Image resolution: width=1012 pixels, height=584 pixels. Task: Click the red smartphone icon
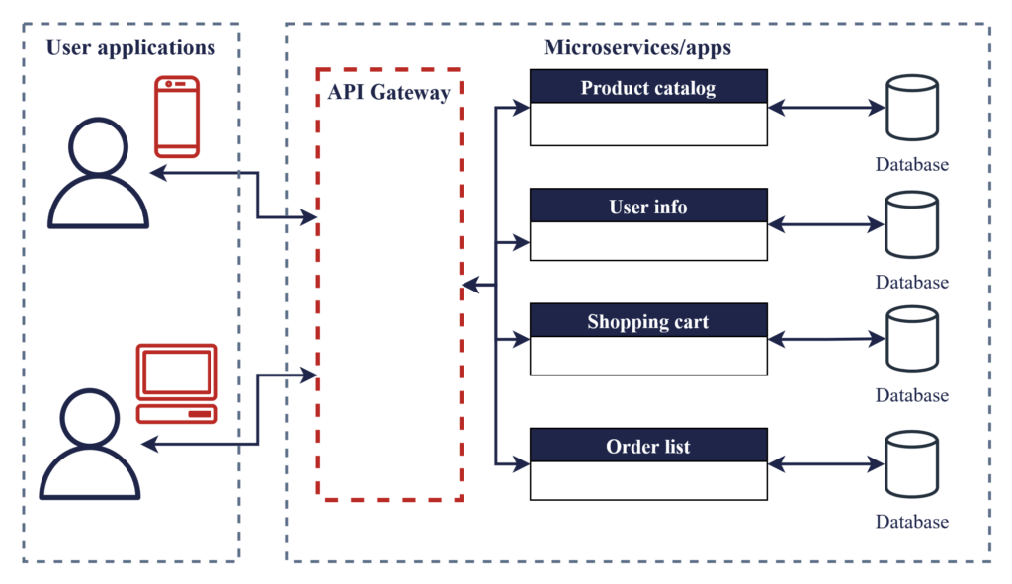point(177,117)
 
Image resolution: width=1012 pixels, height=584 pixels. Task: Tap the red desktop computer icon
point(177,384)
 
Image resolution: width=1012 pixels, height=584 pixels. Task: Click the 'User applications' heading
point(131,47)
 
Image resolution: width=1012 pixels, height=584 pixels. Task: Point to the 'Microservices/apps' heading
point(637,47)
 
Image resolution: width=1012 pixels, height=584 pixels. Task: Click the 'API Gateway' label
point(388,92)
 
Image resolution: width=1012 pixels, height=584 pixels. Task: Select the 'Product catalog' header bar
point(648,87)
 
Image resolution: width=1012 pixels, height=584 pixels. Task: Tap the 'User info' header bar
point(648,206)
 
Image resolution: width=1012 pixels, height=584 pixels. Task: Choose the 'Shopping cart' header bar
point(648,320)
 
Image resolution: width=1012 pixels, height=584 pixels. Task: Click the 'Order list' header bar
point(648,445)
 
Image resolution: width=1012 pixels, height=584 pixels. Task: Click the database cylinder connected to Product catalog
point(912,108)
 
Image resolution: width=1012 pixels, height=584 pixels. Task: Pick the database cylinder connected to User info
point(912,224)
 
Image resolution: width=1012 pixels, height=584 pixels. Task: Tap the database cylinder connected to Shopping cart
point(912,339)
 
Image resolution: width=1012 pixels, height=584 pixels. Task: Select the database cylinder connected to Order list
point(912,464)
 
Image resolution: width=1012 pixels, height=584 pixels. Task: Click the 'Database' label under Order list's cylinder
point(912,522)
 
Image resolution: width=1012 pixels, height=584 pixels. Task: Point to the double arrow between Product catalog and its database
point(827,108)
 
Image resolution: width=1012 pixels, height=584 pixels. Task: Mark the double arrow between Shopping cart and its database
point(827,339)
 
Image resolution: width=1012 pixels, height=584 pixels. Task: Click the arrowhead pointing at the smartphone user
point(158,173)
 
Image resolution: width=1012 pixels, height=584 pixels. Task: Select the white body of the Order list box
point(648,481)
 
